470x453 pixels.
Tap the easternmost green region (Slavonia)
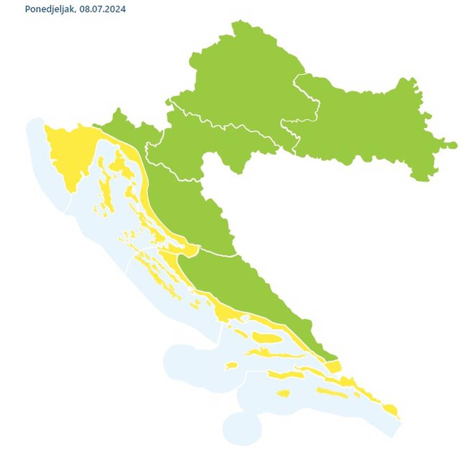coord(370,127)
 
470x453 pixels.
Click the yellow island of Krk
coord(127,169)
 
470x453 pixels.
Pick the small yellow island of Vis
coord(231,365)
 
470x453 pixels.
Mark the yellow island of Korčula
coord(285,376)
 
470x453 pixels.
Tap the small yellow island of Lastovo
coord(284,393)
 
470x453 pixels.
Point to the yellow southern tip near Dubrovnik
coord(390,409)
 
